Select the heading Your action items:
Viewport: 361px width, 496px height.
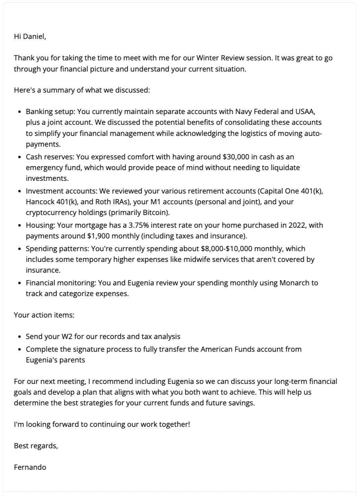click(44, 315)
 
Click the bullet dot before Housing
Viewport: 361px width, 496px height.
click(20, 226)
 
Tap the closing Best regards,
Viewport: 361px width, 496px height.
click(36, 446)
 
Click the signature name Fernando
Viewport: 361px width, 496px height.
click(30, 467)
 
